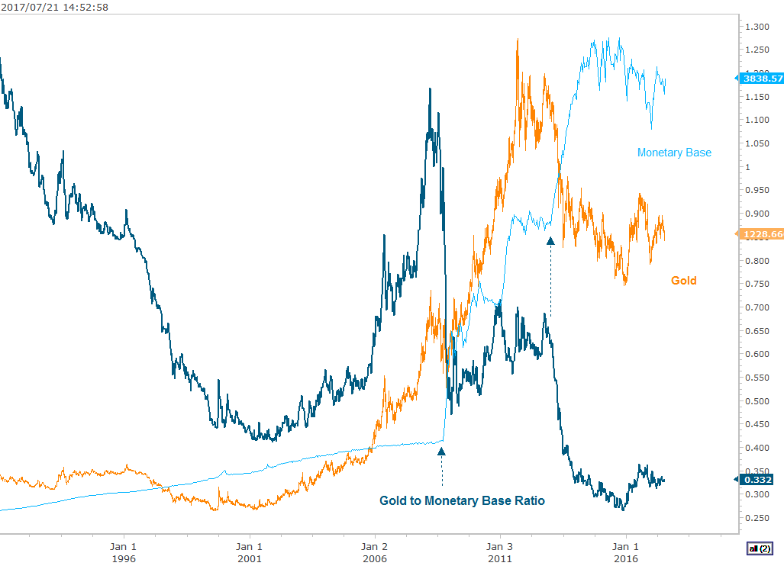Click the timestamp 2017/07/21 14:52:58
point(53,8)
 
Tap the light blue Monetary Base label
point(674,153)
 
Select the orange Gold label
point(683,281)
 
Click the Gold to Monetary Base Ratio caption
point(462,501)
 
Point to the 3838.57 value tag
point(761,78)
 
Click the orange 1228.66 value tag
point(761,234)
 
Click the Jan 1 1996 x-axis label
point(124,552)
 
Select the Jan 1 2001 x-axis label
point(249,552)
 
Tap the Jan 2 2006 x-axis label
point(374,552)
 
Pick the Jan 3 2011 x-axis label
point(500,552)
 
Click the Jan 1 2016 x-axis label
point(626,552)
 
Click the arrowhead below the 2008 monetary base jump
point(441,452)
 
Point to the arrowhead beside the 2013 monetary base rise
point(550,241)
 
